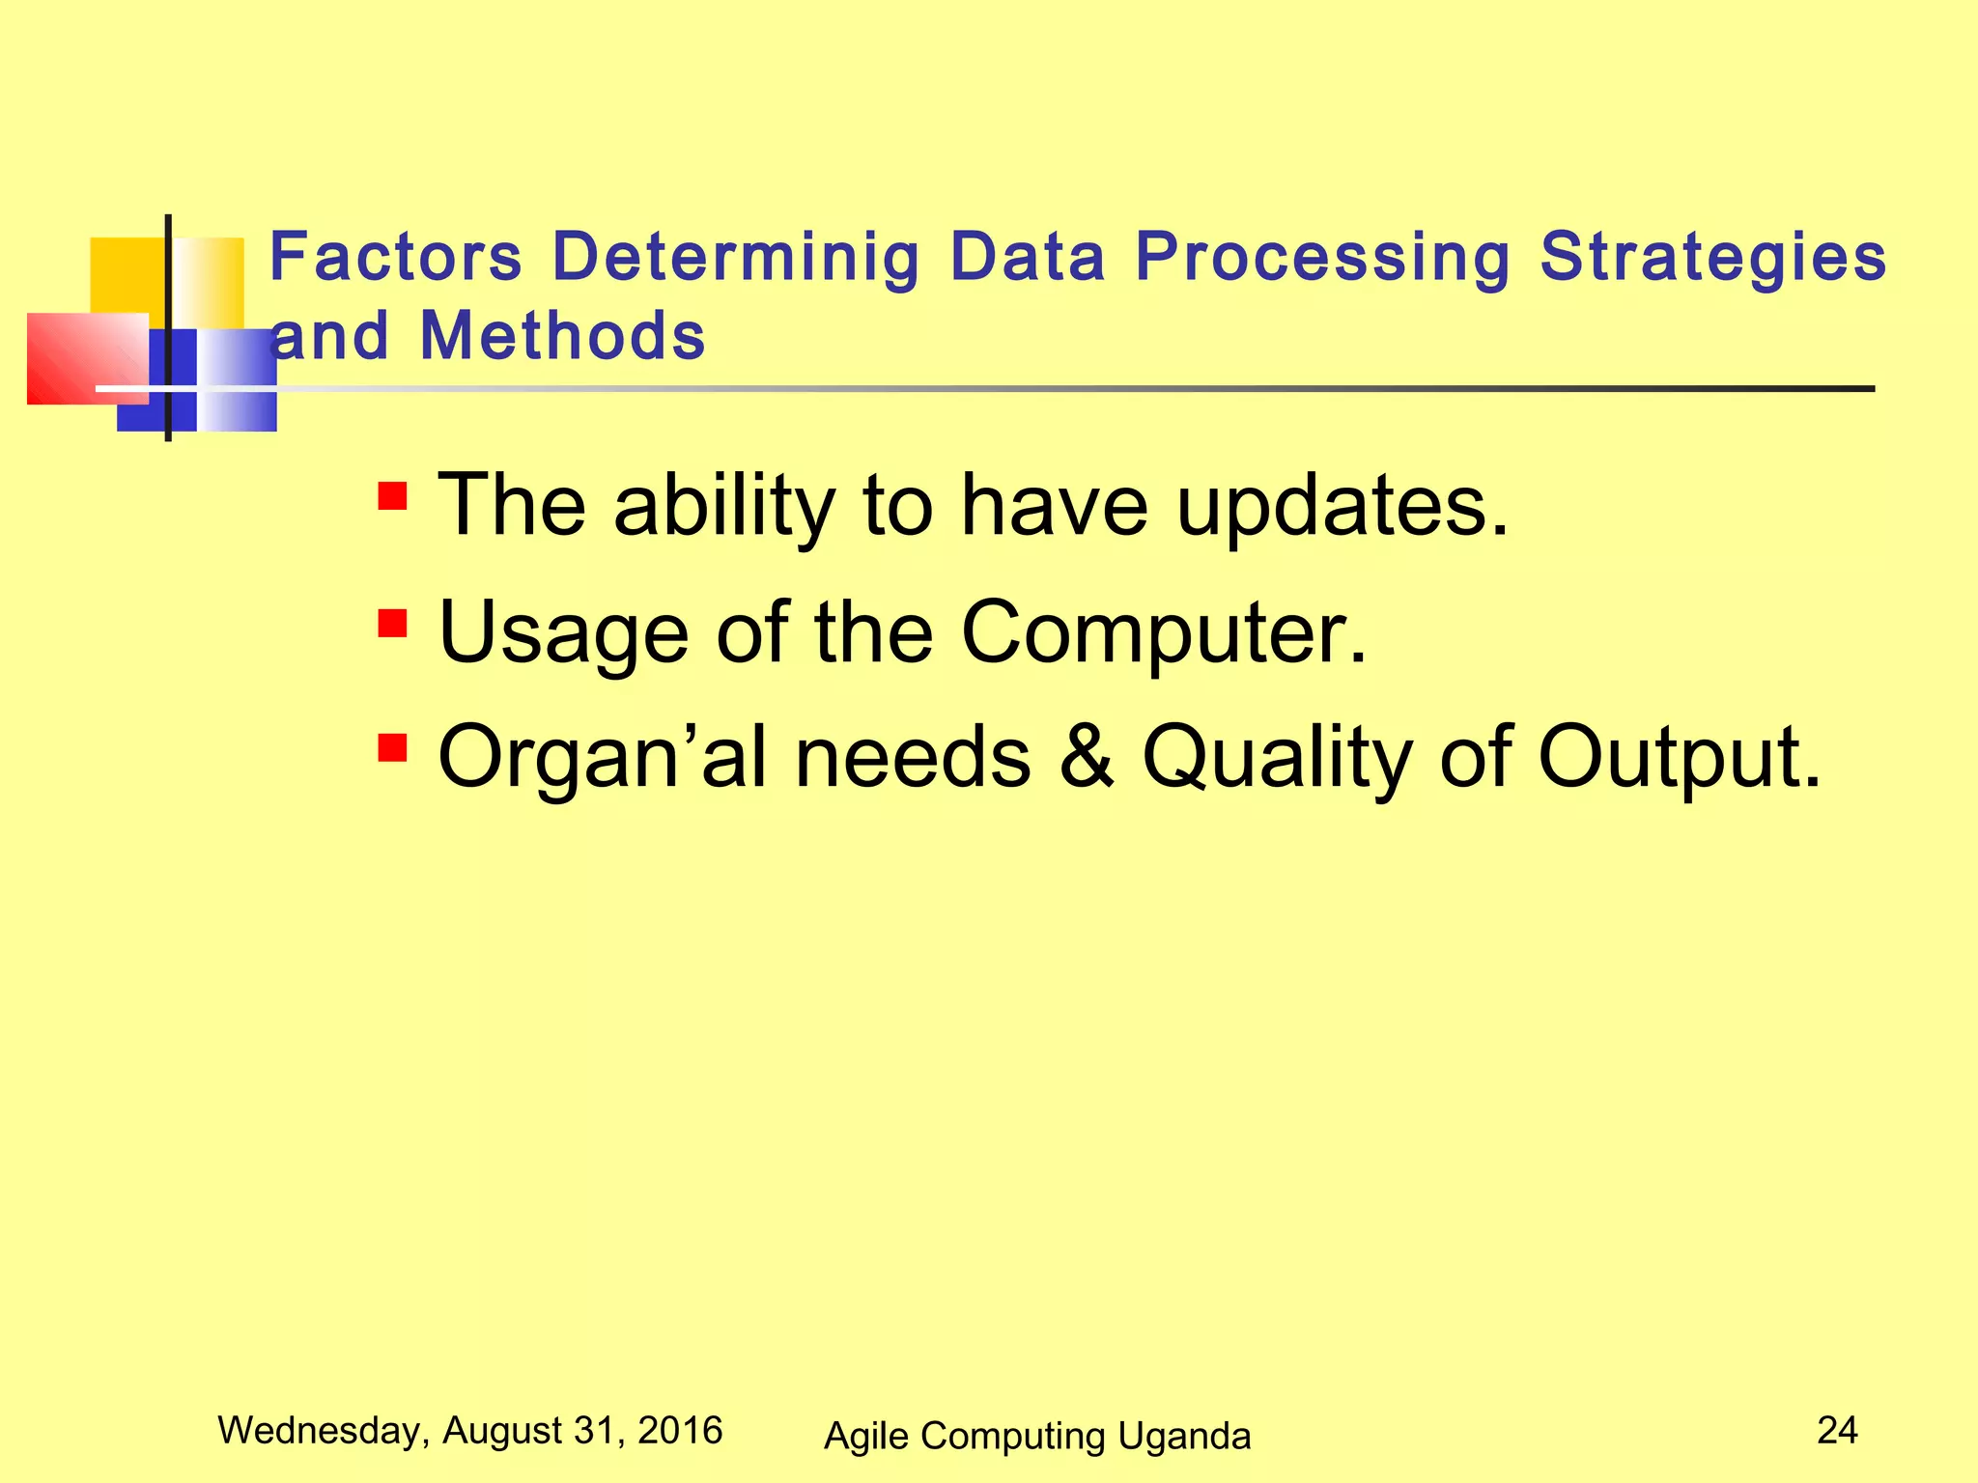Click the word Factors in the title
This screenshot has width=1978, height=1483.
[x=395, y=258]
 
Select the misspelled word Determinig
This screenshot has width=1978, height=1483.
[x=736, y=258]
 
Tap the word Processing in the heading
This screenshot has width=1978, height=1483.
[x=1322, y=258]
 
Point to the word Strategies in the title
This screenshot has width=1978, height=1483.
[x=1712, y=258]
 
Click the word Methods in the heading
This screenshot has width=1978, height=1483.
[x=563, y=337]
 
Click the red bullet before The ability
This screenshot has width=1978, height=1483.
[x=392, y=497]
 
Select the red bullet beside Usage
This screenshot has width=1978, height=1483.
[x=392, y=624]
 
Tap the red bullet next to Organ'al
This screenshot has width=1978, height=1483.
[x=392, y=748]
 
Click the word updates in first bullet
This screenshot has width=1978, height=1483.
[x=1342, y=506]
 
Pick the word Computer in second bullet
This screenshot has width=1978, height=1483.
[x=1164, y=632]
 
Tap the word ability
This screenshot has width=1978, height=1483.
[x=724, y=506]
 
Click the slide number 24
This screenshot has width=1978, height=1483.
[x=1837, y=1430]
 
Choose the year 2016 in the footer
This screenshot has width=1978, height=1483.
[x=680, y=1430]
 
